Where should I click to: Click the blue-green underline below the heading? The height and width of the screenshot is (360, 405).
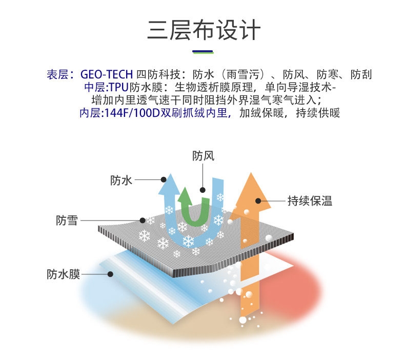pyautogui.click(x=202, y=51)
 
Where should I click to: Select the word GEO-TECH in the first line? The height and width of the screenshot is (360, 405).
pyautogui.click(x=107, y=74)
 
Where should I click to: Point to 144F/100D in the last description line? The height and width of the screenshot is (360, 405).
pyautogui.click(x=130, y=113)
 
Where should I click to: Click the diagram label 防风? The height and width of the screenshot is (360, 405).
pyautogui.click(x=203, y=155)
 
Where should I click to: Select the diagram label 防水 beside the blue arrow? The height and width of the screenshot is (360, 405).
pyautogui.click(x=121, y=180)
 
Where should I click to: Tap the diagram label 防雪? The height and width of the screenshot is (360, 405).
pyautogui.click(x=67, y=221)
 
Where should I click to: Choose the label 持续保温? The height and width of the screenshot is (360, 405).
pyautogui.click(x=310, y=201)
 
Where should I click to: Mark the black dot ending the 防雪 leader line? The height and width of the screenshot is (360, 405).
pyautogui.click(x=143, y=221)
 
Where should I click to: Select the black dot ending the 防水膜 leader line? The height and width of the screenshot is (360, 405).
pyautogui.click(x=110, y=274)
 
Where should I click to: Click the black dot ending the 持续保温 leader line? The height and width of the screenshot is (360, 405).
pyautogui.click(x=258, y=201)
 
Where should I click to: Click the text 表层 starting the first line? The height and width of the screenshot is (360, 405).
pyautogui.click(x=56, y=74)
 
